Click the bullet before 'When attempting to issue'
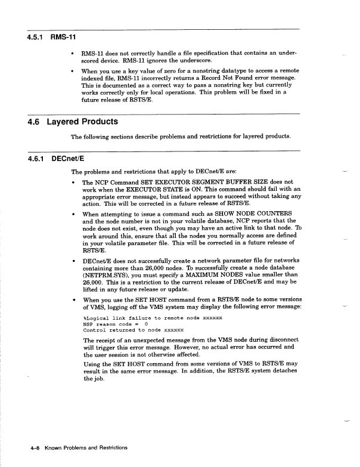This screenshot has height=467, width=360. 73,214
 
